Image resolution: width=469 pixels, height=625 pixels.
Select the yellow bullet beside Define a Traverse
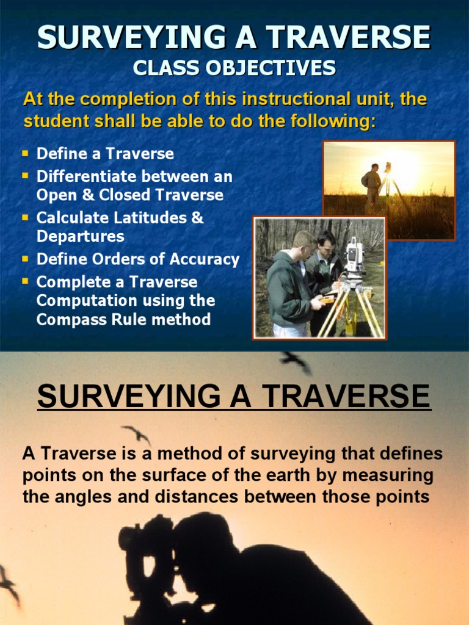[26, 153]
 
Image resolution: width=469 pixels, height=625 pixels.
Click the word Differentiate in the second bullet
[86, 176]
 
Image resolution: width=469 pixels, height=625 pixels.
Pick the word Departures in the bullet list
[81, 236]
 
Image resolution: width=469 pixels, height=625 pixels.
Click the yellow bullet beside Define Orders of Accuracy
[26, 258]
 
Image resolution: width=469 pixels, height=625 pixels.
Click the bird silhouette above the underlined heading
[297, 361]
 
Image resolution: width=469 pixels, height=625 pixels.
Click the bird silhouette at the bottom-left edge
[9, 583]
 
